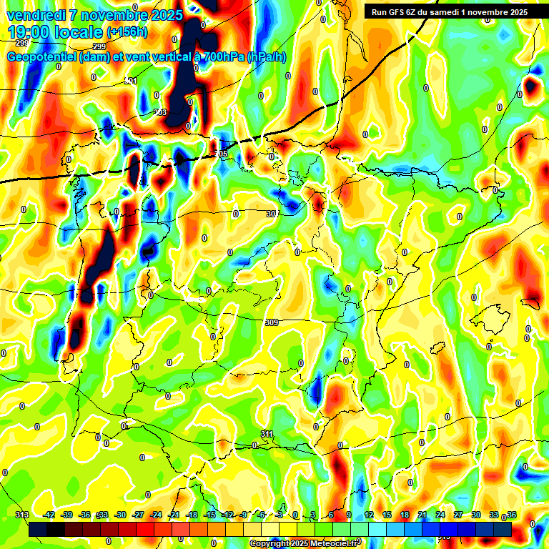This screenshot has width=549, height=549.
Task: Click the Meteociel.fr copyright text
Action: click(304, 544)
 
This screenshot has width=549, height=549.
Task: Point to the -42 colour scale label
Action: click(49, 515)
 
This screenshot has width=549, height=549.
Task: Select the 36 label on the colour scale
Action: click(511, 515)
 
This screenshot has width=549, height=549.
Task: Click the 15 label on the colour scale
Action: click(387, 515)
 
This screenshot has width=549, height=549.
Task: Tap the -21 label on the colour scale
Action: click(174, 515)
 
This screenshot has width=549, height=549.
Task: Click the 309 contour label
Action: click(272, 323)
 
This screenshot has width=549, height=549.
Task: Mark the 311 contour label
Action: click(267, 434)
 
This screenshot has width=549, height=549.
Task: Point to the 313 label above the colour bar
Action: click(21, 515)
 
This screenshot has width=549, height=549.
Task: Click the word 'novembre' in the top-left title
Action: click(111, 14)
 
